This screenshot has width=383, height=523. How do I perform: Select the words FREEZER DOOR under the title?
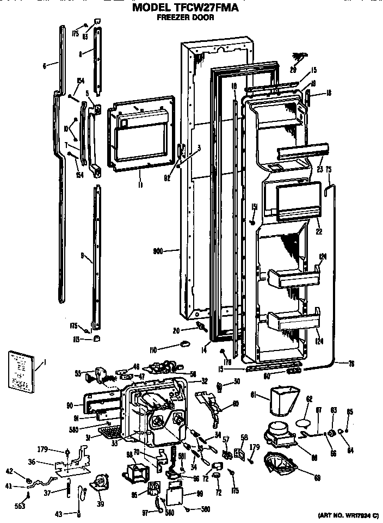coord(191,17)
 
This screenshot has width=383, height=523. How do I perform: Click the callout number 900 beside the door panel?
coord(159,251)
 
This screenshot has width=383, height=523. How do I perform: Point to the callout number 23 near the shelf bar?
coord(320,169)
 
